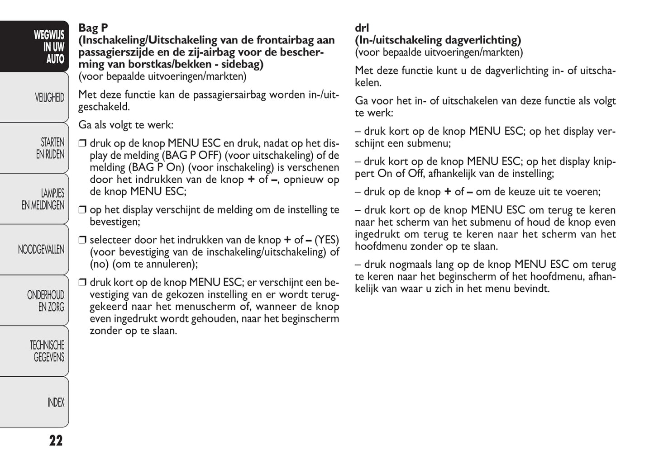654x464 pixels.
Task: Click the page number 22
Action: (x=56, y=440)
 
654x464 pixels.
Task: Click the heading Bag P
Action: (x=93, y=28)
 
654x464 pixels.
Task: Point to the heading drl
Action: (x=362, y=28)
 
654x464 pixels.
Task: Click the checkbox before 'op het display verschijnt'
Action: (x=82, y=210)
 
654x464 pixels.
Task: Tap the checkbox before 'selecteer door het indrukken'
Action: (x=82, y=240)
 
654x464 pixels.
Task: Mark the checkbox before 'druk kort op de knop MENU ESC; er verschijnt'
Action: (x=82, y=283)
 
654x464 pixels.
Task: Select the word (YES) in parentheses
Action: (x=326, y=240)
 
